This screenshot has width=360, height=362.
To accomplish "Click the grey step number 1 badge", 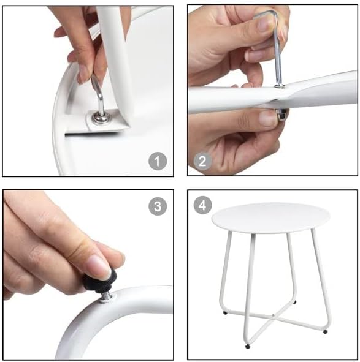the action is (x=158, y=161).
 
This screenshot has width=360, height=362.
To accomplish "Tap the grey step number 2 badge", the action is (x=202, y=161).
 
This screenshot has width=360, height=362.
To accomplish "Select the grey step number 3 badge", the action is (x=158, y=206).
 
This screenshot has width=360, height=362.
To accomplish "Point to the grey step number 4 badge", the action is (x=202, y=205).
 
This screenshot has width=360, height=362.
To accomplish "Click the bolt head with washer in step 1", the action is (x=101, y=118).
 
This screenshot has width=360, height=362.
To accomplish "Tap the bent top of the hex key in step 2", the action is (x=266, y=14).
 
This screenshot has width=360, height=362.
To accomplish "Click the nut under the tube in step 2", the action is (x=282, y=115).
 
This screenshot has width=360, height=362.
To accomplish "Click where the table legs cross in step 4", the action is (x=274, y=316).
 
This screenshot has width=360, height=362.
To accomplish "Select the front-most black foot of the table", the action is (x=248, y=347).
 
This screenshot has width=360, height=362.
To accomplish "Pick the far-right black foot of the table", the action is (x=325, y=332).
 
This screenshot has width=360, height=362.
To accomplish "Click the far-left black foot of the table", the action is (x=225, y=313).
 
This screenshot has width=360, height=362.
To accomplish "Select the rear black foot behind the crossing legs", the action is (x=294, y=302).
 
